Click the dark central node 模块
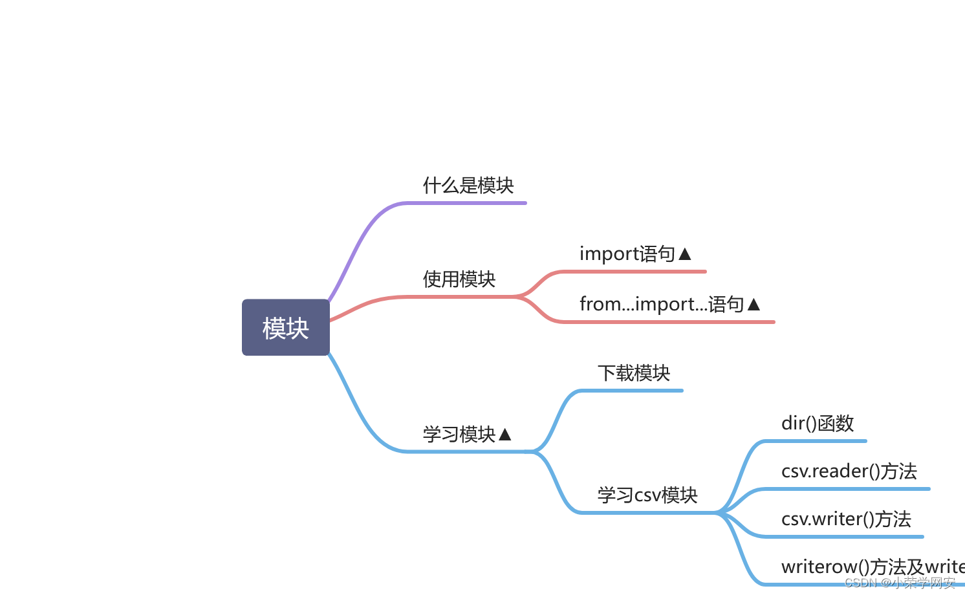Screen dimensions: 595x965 pyautogui.click(x=285, y=327)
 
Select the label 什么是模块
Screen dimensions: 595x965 pyautogui.click(x=468, y=186)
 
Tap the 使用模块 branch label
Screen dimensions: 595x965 pyautogui.click(x=459, y=279)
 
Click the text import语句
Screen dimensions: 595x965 pyautogui.click(x=627, y=254)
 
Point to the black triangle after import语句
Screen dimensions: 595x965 pyautogui.click(x=685, y=254)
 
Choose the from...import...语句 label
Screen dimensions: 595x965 pyautogui.click(x=661, y=304)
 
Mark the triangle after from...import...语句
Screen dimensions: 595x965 pyautogui.click(x=754, y=304)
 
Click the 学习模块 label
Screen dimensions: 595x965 pyautogui.click(x=459, y=434)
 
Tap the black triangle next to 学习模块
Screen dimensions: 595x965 pyautogui.click(x=505, y=434)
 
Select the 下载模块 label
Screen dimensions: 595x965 pyautogui.click(x=633, y=373)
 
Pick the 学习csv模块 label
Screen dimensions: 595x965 pyautogui.click(x=647, y=495)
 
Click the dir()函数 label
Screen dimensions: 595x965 pyautogui.click(x=817, y=424)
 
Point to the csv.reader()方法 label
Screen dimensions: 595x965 pyautogui.click(x=849, y=471)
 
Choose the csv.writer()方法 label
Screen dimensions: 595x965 pyautogui.click(x=845, y=519)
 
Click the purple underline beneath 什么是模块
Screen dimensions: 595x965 pyautogui.click(x=466, y=203)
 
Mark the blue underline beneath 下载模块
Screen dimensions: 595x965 pyautogui.click(x=631, y=391)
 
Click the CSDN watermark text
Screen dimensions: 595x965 pyautogui.click(x=899, y=583)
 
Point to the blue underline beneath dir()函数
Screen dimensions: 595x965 pyautogui.click(x=815, y=441)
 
